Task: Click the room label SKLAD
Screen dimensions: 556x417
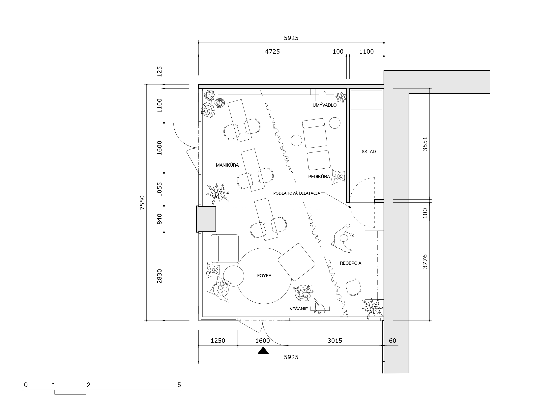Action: [368, 152]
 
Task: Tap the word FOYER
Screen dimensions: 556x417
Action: [264, 276]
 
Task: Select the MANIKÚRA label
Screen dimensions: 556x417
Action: [227, 165]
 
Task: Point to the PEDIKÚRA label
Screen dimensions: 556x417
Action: [319, 177]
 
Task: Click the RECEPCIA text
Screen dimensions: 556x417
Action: [350, 263]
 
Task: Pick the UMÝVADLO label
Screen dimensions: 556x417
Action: [325, 105]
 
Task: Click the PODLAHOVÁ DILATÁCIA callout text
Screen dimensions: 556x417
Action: [297, 193]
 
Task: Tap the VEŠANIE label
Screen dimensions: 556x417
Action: [299, 309]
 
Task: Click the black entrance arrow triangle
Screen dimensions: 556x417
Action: [263, 350]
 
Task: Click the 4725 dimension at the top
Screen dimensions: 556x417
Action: [273, 51]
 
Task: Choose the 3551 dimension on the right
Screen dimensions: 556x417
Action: [425, 144]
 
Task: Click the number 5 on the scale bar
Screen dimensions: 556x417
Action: [179, 385]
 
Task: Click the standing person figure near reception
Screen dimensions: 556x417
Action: [343, 238]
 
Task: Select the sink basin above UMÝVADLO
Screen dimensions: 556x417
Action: [325, 95]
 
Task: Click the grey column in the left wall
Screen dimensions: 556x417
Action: [206, 219]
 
